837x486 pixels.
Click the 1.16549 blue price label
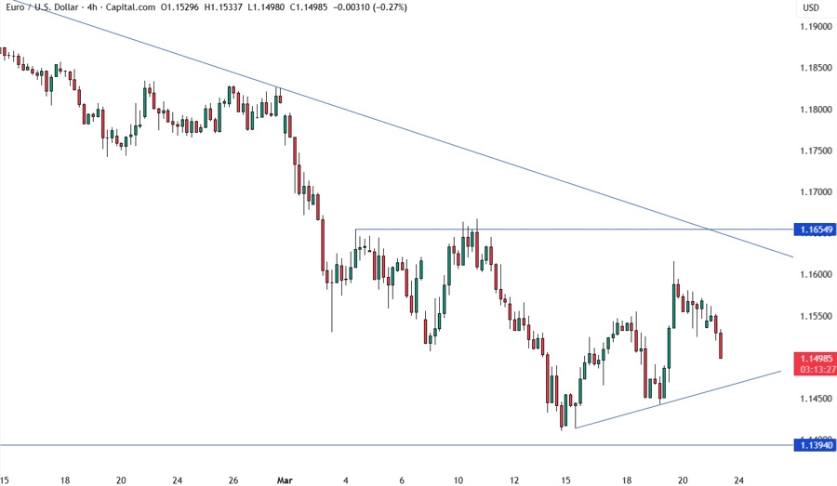click(815, 229)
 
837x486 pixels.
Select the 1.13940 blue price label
click(815, 445)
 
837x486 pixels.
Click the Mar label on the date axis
click(285, 479)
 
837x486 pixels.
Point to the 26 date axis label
click(233, 479)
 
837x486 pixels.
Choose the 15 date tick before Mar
click(6, 479)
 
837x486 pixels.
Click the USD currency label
click(811, 7)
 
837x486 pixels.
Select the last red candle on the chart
click(722, 345)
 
